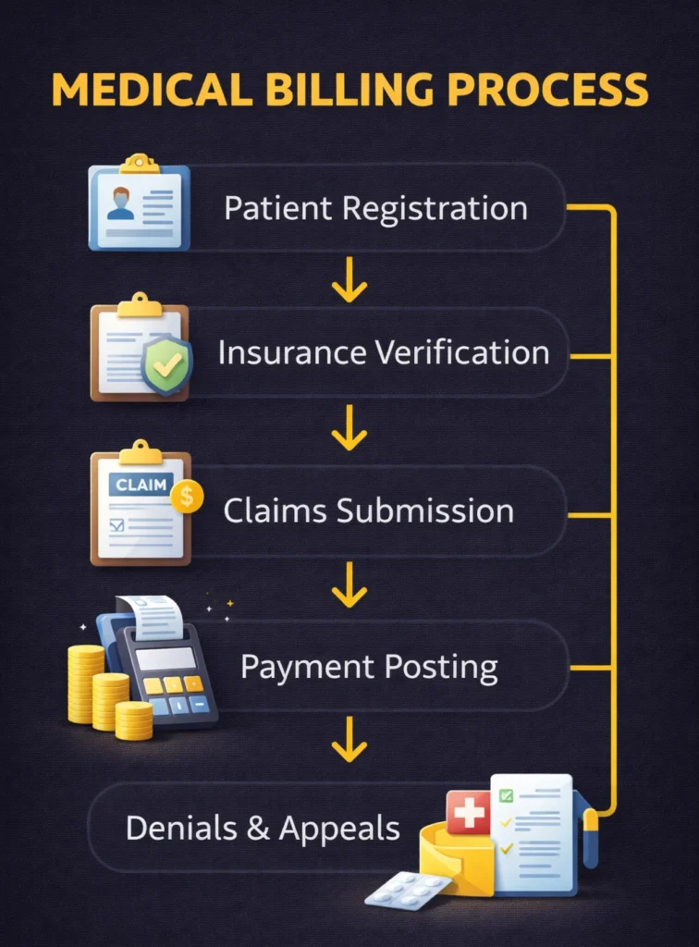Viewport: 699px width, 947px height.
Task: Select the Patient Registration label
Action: coord(375,208)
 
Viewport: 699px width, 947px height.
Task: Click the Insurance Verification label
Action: coord(384,352)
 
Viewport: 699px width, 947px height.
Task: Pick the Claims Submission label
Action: coord(369,511)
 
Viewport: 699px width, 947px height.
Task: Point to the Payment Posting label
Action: coord(369,668)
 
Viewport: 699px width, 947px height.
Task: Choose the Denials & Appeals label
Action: coord(263,828)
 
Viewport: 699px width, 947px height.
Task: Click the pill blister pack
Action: coord(407,890)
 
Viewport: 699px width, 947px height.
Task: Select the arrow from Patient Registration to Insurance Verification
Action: coord(349,281)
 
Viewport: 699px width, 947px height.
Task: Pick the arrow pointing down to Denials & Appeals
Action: coord(349,740)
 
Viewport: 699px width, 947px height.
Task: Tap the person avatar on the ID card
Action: coord(120,203)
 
